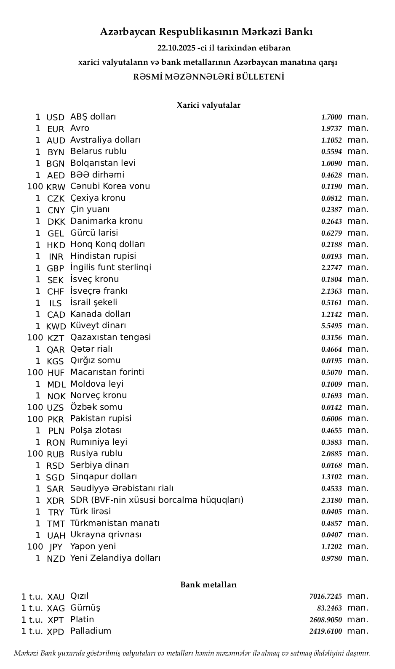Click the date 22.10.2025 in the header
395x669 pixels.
[x=176, y=48]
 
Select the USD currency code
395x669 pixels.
[x=55, y=117]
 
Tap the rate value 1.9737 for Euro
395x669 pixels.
[x=331, y=129]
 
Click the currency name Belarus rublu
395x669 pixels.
[x=98, y=151]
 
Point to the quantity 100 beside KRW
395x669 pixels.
[x=35, y=186]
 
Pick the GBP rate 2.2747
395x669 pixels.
[x=331, y=268]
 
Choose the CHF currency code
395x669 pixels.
[x=56, y=292]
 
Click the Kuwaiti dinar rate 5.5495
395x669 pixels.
[x=331, y=326]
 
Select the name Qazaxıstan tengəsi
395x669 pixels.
[x=110, y=337]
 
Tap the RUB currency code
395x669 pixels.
[x=56, y=454]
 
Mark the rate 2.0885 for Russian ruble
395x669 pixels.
[x=331, y=454]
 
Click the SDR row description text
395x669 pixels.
[x=157, y=500]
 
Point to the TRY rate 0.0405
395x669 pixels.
[x=331, y=512]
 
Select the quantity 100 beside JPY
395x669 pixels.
[x=35, y=547]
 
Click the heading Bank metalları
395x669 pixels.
[x=208, y=585]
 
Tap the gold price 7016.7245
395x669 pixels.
[x=326, y=597]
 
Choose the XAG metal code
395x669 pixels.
[x=56, y=608]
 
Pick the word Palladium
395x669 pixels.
[x=91, y=631]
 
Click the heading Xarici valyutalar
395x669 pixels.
[x=208, y=105]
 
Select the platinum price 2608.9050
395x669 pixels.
[x=326, y=620]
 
